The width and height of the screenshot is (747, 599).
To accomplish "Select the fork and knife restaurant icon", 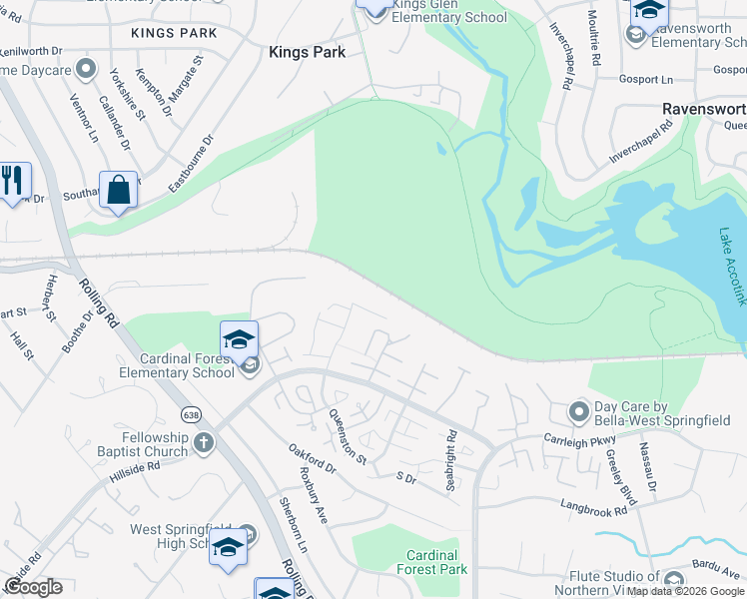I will point(12,181).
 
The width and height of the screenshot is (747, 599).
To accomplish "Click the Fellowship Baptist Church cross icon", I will point(204,442).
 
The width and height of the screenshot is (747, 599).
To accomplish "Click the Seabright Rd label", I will point(451,451).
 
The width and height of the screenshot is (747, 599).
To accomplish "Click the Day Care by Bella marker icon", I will point(578,410).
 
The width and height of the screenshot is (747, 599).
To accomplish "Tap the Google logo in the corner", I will point(32,587).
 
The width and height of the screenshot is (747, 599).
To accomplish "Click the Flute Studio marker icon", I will point(674,580).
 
